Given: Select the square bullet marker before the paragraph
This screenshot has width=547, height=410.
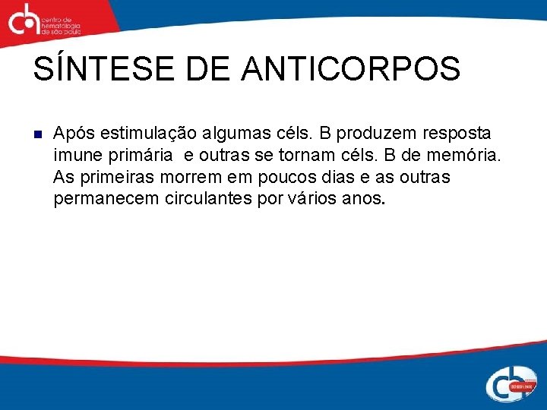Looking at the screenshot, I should tap(36, 135).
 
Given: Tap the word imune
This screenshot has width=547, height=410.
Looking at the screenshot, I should tap(75, 156).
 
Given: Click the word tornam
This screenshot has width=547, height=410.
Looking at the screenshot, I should tap(324, 156).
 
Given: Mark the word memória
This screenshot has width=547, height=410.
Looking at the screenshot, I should tap(471, 156).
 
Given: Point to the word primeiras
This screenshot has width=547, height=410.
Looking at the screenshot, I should tap(117, 178).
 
